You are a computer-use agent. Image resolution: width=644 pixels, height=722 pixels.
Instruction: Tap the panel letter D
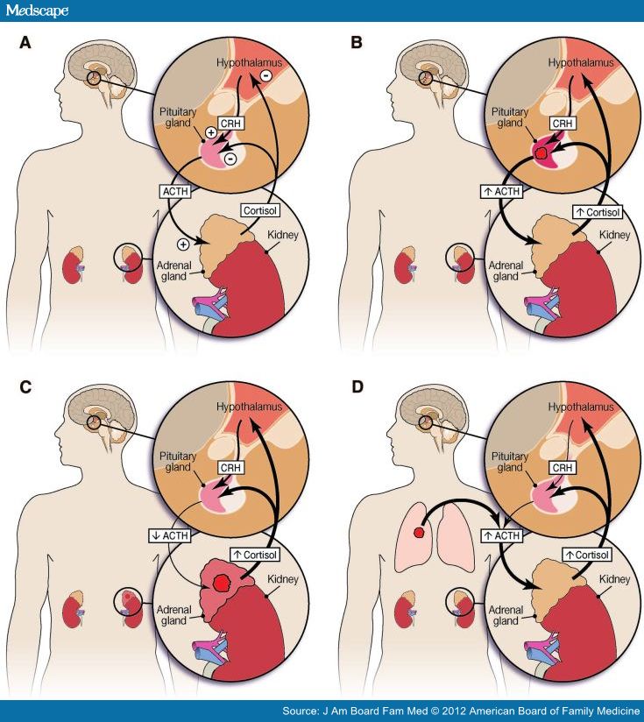tap(357, 386)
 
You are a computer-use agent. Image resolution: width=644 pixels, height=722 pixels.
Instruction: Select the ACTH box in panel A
tap(172, 190)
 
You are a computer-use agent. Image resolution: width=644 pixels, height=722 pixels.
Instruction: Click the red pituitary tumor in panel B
tap(541, 153)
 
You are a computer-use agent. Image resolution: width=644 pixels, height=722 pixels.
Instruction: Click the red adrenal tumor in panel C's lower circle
tap(223, 580)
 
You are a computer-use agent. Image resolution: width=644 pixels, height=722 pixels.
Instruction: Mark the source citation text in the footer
tap(461, 711)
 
